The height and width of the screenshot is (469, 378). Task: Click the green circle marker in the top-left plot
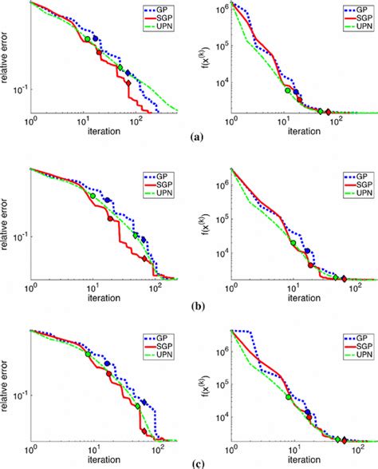click(87, 38)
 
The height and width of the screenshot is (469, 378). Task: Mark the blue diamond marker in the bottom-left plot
click(144, 401)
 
